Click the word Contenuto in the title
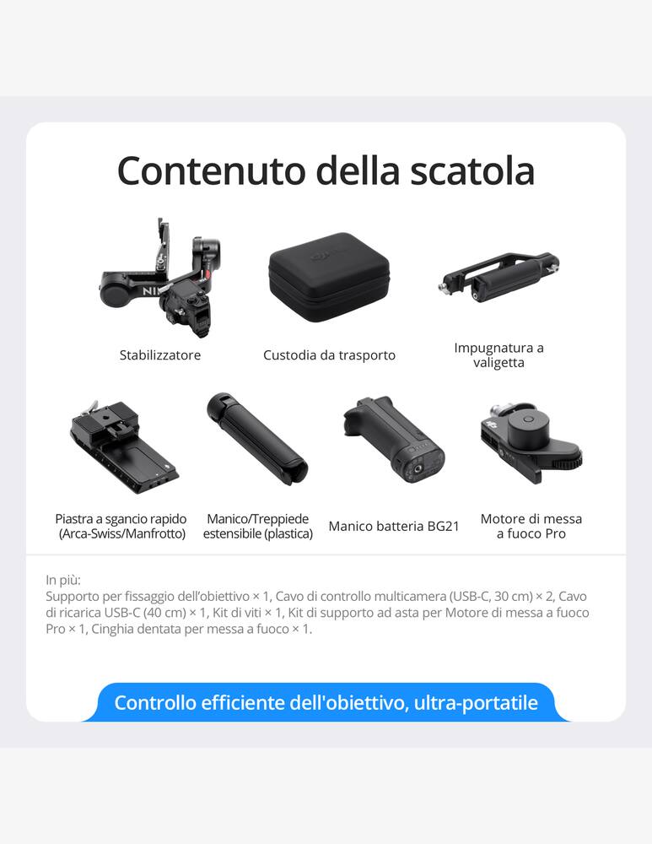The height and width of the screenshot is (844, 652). click(211, 170)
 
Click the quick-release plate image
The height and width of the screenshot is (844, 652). click(125, 446)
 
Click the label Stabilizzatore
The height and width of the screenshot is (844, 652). click(160, 355)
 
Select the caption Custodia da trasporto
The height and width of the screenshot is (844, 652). click(329, 355)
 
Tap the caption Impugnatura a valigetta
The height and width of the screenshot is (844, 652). click(498, 355)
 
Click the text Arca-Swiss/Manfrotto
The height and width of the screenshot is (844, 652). click(121, 534)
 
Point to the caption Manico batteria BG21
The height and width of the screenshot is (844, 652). click(394, 527)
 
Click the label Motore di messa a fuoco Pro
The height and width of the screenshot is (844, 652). click(531, 527)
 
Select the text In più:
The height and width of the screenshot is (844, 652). click(63, 581)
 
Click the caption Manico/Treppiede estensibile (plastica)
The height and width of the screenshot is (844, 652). click(257, 527)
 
